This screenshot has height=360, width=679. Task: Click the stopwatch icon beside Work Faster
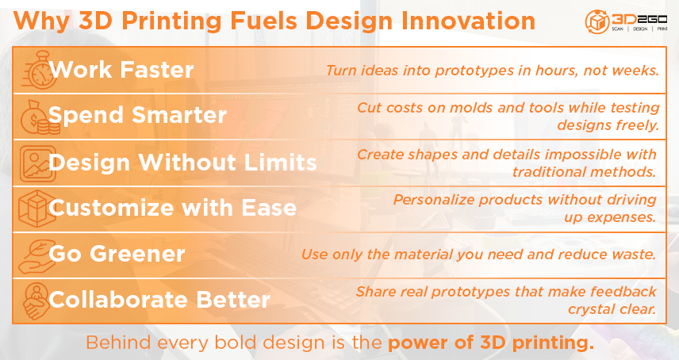[x=39, y=70]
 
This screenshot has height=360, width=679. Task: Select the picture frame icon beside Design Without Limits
[x=37, y=163]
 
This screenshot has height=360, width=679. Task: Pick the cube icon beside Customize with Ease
[x=37, y=209]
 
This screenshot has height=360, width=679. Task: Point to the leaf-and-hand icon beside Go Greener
[x=37, y=256]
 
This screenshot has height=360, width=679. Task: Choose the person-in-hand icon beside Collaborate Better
[x=36, y=301]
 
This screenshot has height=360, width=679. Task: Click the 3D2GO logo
[x=626, y=21]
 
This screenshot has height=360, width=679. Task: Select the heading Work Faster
[x=121, y=70]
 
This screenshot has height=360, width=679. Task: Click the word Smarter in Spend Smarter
[x=178, y=115]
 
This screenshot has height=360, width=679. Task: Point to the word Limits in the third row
[x=281, y=163]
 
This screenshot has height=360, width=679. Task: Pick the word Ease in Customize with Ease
[x=269, y=208]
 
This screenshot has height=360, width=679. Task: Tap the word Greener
[x=137, y=254]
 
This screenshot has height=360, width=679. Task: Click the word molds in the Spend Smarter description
[x=472, y=107]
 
